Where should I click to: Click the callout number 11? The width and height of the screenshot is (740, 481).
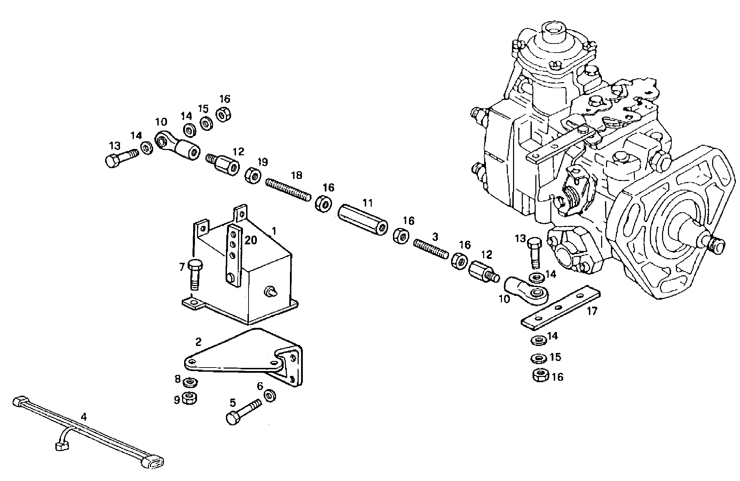coord(367,202)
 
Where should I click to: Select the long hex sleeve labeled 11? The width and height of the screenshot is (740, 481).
coord(363,220)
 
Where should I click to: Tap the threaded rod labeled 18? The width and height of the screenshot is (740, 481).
coord(289,189)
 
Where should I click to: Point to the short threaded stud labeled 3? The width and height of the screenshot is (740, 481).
coord(431,249)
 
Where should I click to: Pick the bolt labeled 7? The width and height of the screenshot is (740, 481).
coord(195,275)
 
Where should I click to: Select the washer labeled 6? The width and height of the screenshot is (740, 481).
coord(271,396)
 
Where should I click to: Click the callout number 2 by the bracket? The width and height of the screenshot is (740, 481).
coord(198,341)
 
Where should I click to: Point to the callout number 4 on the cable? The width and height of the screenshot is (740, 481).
coord(83,416)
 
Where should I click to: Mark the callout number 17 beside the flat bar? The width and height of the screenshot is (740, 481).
coord(592,311)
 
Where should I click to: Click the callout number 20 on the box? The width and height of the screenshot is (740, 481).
coord(251,240)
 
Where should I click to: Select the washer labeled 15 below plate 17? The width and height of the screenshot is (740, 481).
coord(538,358)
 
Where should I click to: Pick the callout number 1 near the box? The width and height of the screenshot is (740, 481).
coord(274,231)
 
